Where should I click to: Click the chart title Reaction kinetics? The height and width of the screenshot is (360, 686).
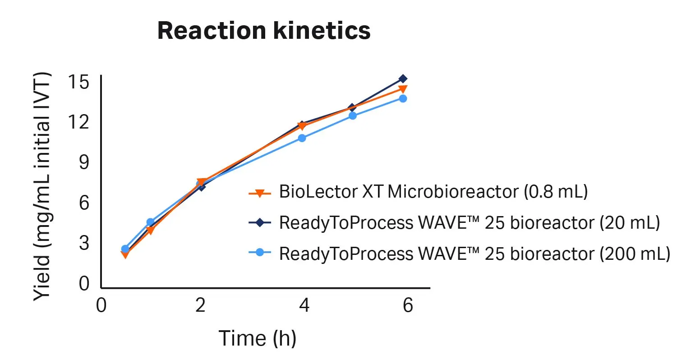tap(264, 31)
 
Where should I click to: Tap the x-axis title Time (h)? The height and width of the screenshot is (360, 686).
tap(258, 338)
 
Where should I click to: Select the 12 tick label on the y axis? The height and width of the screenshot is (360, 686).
tap(79, 122)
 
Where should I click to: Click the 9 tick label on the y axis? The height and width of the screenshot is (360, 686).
tap(84, 162)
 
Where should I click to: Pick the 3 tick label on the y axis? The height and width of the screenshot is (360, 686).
tap(84, 243)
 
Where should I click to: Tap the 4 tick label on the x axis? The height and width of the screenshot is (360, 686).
tap(304, 305)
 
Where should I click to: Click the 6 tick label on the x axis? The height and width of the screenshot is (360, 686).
tap(408, 305)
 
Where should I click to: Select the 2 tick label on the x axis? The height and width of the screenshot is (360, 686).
tap(201, 305)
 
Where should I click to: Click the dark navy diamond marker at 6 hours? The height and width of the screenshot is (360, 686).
tap(403, 79)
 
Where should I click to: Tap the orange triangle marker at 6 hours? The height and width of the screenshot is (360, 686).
tap(403, 89)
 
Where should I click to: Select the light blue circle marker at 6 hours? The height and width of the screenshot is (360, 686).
tap(403, 98)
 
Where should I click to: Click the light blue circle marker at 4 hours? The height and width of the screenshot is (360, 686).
tap(302, 138)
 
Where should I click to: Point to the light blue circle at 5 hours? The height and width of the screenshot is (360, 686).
tap(353, 115)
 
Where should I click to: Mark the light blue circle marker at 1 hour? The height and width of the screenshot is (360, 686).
tap(151, 222)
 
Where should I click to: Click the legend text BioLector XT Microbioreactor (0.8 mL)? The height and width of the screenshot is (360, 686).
tap(433, 192)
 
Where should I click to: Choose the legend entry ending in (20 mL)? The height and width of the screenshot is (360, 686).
tap(469, 222)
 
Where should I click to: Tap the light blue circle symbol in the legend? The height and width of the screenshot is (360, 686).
tap(259, 253)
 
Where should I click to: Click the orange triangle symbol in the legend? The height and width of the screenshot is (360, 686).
tap(259, 193)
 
